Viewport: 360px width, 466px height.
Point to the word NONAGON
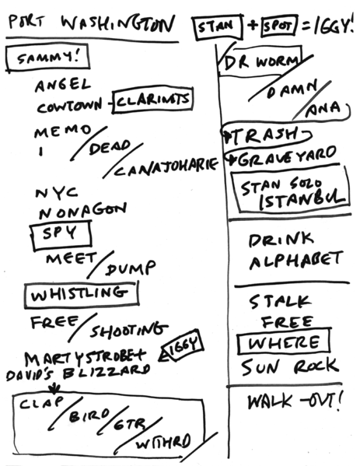click(81, 209)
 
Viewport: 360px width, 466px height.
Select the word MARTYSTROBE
click(90, 357)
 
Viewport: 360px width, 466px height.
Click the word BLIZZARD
click(114, 372)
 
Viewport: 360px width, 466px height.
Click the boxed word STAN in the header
click(215, 30)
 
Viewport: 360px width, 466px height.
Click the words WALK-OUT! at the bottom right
click(295, 402)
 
